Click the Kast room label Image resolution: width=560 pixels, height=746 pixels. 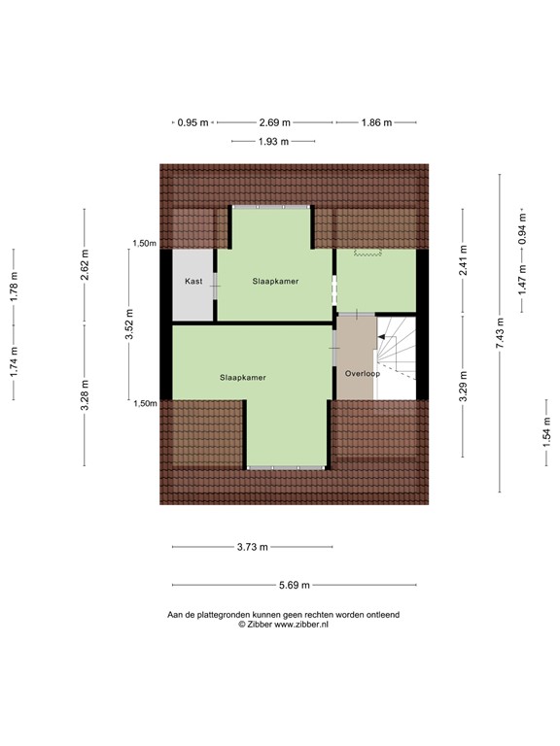point(193,282)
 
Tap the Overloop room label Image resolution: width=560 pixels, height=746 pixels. point(362,373)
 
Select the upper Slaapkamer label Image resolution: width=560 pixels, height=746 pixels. point(274,281)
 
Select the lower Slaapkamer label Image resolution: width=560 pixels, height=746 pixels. point(243,377)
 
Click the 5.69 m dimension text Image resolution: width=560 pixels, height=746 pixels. point(294,585)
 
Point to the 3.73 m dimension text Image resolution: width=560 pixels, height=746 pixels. point(253,547)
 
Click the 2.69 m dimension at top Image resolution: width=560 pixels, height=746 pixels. point(275,123)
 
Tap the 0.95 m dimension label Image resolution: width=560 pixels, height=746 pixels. point(192,123)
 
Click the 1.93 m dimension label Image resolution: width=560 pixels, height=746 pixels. point(274,142)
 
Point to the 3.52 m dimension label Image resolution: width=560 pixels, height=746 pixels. point(128,324)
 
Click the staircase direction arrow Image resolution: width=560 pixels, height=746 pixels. point(383,337)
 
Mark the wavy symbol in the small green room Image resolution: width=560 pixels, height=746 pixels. point(367,254)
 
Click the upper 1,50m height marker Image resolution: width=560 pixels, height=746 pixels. point(145,244)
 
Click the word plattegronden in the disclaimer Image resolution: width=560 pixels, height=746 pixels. point(226,615)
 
